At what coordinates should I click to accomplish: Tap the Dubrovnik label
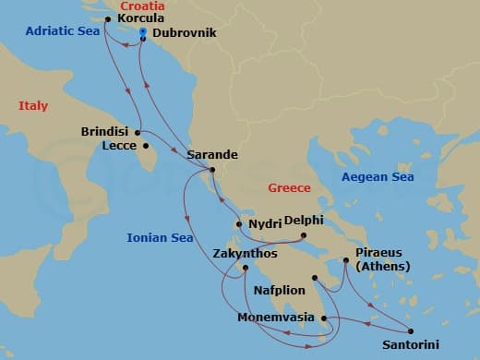[185, 32]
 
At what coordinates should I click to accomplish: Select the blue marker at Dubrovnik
[143, 31]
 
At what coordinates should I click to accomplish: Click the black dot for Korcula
[109, 18]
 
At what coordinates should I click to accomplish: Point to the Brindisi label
[104, 131]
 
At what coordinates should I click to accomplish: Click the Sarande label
[212, 155]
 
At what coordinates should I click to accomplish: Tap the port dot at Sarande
[212, 170]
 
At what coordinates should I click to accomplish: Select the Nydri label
[264, 223]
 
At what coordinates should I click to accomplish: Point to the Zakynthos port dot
[246, 269]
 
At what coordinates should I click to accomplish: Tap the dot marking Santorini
[410, 332]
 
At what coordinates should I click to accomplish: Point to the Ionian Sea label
[160, 238]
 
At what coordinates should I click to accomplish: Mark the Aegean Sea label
[378, 176]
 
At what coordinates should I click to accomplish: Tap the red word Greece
[289, 187]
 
